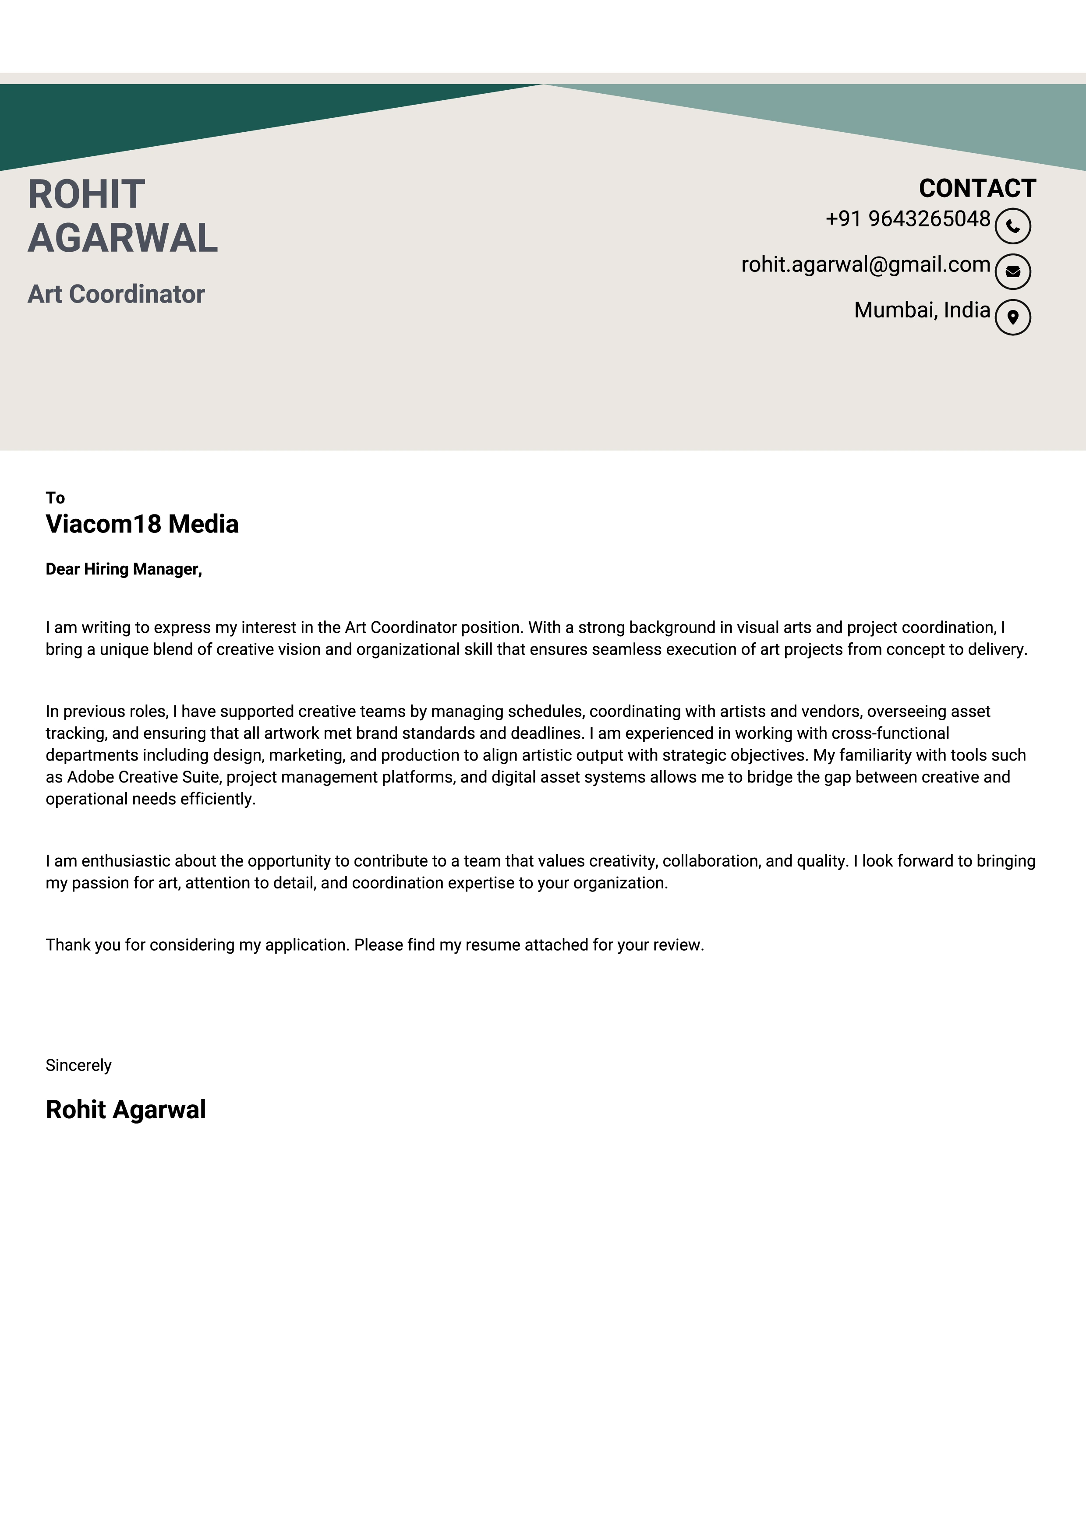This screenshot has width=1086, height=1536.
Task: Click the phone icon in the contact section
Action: click(x=1012, y=226)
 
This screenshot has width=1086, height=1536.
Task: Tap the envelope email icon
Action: click(x=1012, y=271)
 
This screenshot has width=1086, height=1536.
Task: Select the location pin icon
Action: click(x=1012, y=317)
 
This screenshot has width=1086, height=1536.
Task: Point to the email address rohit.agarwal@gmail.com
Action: click(x=865, y=264)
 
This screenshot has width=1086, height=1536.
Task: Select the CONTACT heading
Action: click(x=977, y=188)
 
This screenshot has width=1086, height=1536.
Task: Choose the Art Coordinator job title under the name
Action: click(x=116, y=294)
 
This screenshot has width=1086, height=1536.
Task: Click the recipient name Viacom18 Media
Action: click(x=142, y=524)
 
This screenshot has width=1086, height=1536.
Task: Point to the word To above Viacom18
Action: click(x=55, y=498)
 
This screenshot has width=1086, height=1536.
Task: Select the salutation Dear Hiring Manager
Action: click(x=123, y=569)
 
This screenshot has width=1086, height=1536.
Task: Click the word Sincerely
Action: click(x=78, y=1065)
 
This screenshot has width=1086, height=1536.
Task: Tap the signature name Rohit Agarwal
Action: click(x=126, y=1109)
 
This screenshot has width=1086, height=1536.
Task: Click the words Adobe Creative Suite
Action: click(x=143, y=777)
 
